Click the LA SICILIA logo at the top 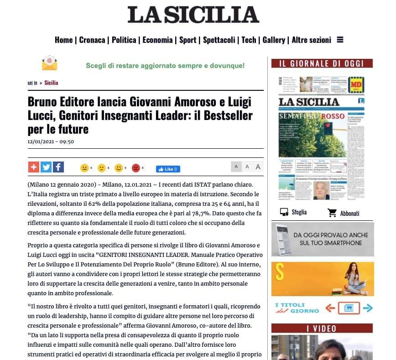pyautogui.click(x=193, y=15)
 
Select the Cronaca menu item pyautogui.click(x=92, y=40)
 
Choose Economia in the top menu pyautogui.click(x=157, y=40)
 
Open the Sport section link pyautogui.click(x=188, y=40)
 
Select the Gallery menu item pyautogui.click(x=274, y=40)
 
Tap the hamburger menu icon pyautogui.click(x=340, y=40)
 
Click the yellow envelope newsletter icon pyautogui.click(x=49, y=63)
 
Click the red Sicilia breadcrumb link pyautogui.click(x=51, y=83)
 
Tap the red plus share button pyautogui.click(x=34, y=167)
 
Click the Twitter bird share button pyautogui.click(x=46, y=167)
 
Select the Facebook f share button pyautogui.click(x=58, y=167)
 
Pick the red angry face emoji pyautogui.click(x=136, y=168)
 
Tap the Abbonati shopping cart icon pyautogui.click(x=332, y=213)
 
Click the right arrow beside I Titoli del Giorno pyautogui.click(x=367, y=308)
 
